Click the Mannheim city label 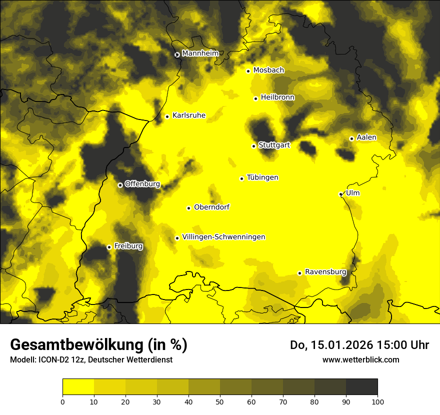200,53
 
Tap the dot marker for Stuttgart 253,146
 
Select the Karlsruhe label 188,115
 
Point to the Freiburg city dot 109,247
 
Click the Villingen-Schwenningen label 223,237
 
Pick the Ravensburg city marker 299,273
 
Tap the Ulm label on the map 352,193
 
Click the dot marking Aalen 351,138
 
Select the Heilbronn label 277,97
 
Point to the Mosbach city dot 248,71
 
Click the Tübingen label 262,177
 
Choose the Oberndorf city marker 188,208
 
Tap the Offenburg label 142,184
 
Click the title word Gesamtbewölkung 76,345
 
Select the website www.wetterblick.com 360,359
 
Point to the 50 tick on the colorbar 220,401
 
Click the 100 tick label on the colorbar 377,401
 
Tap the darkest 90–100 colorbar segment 361,387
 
